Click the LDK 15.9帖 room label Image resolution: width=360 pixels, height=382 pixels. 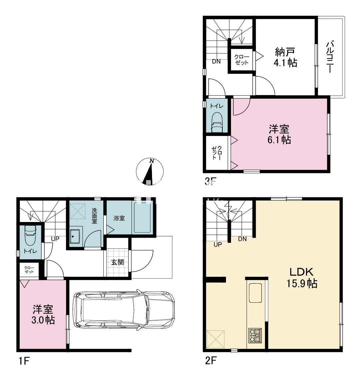point(302,278)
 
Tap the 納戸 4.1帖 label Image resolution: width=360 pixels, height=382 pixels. point(285,57)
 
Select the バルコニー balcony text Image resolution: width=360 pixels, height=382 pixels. point(330,57)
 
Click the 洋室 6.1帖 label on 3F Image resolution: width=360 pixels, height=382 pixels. point(279,134)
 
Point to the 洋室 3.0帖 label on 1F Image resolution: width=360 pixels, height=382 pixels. point(43,315)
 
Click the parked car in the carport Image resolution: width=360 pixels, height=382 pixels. point(124,310)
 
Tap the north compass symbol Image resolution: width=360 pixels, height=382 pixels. point(150,172)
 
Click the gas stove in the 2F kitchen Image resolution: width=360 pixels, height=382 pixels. point(255,336)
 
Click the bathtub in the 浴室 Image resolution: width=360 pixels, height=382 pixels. point(142,217)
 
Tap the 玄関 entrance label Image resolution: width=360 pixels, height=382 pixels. point(117,262)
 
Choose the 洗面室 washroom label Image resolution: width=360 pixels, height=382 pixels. point(94,216)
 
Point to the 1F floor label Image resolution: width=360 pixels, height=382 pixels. point(24,361)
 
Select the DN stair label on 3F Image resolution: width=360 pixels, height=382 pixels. point(216,62)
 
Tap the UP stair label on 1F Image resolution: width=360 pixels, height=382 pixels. point(55,239)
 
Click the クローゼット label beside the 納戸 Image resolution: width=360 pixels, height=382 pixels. point(242,60)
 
